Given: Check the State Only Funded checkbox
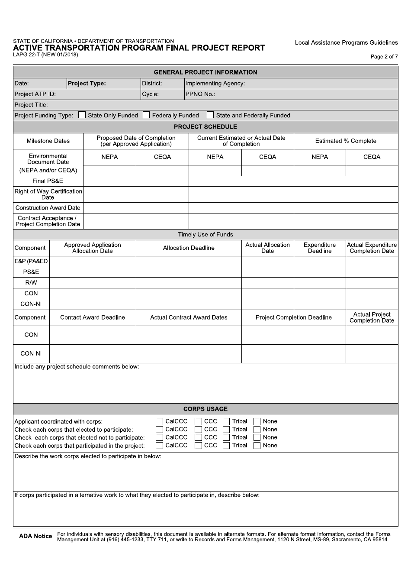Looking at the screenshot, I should click(82, 115).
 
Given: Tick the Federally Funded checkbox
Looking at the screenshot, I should click(146, 115).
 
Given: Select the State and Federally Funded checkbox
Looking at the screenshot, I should click(210, 115).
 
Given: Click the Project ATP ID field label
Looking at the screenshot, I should click(35, 94).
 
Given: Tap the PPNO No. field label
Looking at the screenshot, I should click(200, 94).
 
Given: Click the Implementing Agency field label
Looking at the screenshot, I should click(215, 84).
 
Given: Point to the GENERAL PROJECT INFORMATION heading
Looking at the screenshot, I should click(205, 72).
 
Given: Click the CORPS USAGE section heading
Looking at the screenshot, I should click(205, 409).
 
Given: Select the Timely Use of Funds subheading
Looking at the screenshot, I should click(205, 235).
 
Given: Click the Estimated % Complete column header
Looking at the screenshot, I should click(346, 141).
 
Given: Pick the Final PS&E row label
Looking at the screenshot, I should click(48, 181).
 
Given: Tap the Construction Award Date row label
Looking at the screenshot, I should click(48, 208).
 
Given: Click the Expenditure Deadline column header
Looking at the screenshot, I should click(320, 248).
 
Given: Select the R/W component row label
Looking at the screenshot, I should click(31, 283).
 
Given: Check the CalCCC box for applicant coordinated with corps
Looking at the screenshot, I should click(159, 421).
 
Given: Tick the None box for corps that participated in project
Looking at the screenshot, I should click(257, 446).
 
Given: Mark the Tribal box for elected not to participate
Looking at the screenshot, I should click(226, 437).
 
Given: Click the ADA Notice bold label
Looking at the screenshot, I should click(35, 537).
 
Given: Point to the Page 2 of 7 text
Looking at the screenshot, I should click(384, 57).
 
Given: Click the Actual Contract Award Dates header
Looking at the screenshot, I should click(189, 317).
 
